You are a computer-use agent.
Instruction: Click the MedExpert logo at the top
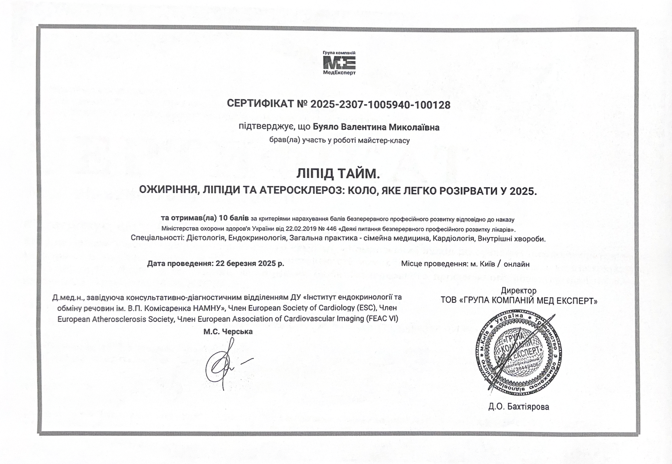(339, 63)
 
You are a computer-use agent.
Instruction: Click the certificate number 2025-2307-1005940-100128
(380, 105)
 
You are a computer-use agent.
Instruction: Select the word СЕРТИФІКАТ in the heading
(260, 104)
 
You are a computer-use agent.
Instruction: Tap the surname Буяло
(326, 127)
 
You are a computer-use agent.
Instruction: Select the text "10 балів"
(234, 218)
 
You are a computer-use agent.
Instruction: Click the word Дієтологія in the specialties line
(206, 238)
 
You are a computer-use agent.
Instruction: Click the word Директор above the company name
(519, 291)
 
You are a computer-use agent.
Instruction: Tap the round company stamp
(519, 352)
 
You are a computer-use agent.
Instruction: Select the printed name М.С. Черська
(228, 332)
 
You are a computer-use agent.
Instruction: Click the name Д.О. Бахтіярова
(519, 407)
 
